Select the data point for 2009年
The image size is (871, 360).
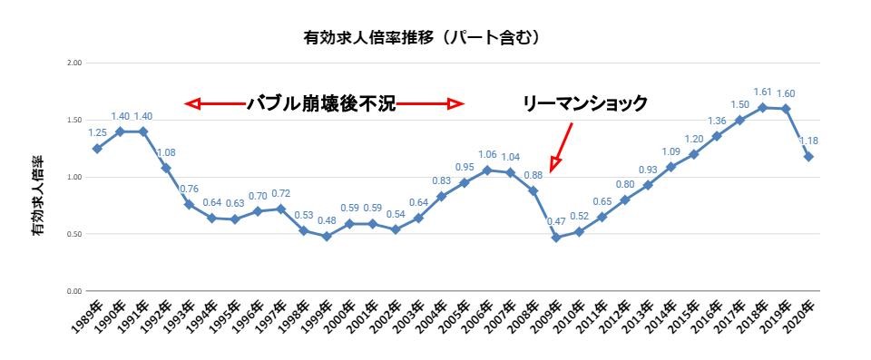coord(556,238)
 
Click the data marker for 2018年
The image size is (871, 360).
coord(763,107)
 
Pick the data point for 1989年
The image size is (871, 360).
coord(96,149)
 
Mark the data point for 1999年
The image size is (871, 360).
coord(327,237)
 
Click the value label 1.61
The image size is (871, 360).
coord(763,92)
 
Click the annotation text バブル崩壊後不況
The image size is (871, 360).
coord(322,103)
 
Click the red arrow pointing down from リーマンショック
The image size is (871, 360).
coord(561,145)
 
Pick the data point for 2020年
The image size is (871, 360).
coord(809,157)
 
